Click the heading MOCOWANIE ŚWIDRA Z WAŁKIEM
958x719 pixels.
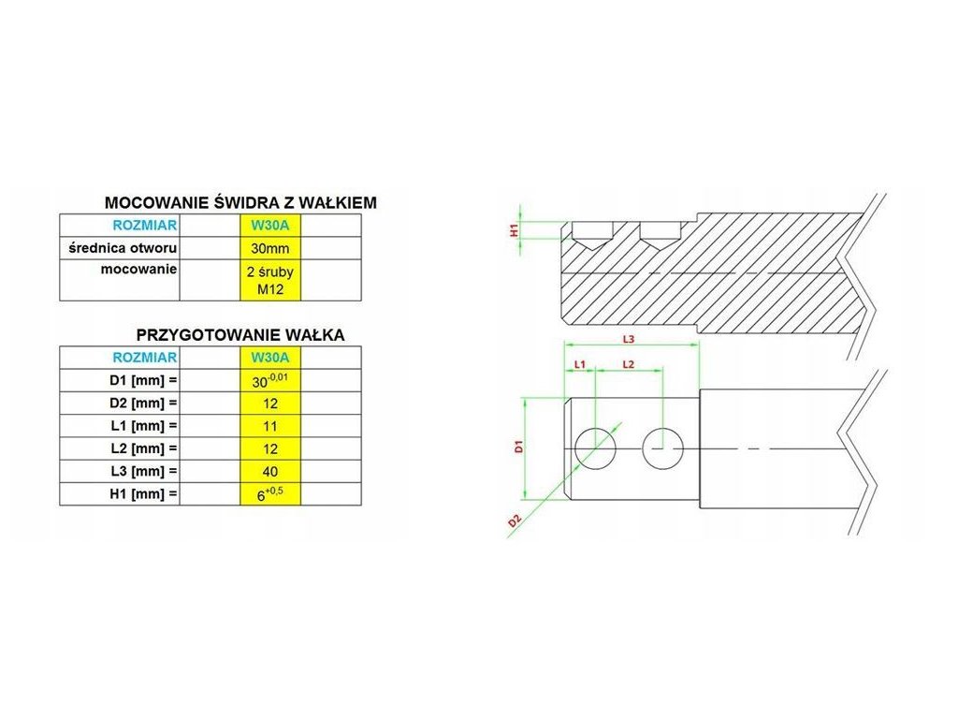tap(241, 202)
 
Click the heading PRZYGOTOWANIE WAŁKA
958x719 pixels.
tap(240, 334)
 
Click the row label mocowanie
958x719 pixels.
tap(139, 269)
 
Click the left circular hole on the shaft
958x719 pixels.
tap(595, 448)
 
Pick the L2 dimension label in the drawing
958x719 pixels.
tap(629, 362)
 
